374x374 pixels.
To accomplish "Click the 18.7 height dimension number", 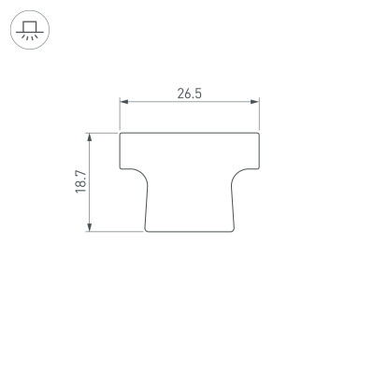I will [x=81, y=181].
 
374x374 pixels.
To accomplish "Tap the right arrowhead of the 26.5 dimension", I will [x=256, y=102].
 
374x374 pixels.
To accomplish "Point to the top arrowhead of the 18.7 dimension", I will [x=90, y=136].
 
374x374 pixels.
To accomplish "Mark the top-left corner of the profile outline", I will [x=122, y=133].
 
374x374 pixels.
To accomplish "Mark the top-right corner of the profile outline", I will [x=260, y=133].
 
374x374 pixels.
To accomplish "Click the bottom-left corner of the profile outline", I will [x=147, y=229].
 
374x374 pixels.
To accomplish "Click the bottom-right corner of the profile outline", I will [x=234, y=229].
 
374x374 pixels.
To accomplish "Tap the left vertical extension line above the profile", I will [x=121, y=114].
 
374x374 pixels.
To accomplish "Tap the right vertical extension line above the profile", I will [x=260, y=114].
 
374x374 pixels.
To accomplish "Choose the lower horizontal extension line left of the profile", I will [x=112, y=230].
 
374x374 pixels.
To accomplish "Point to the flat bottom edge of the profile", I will [x=191, y=231].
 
